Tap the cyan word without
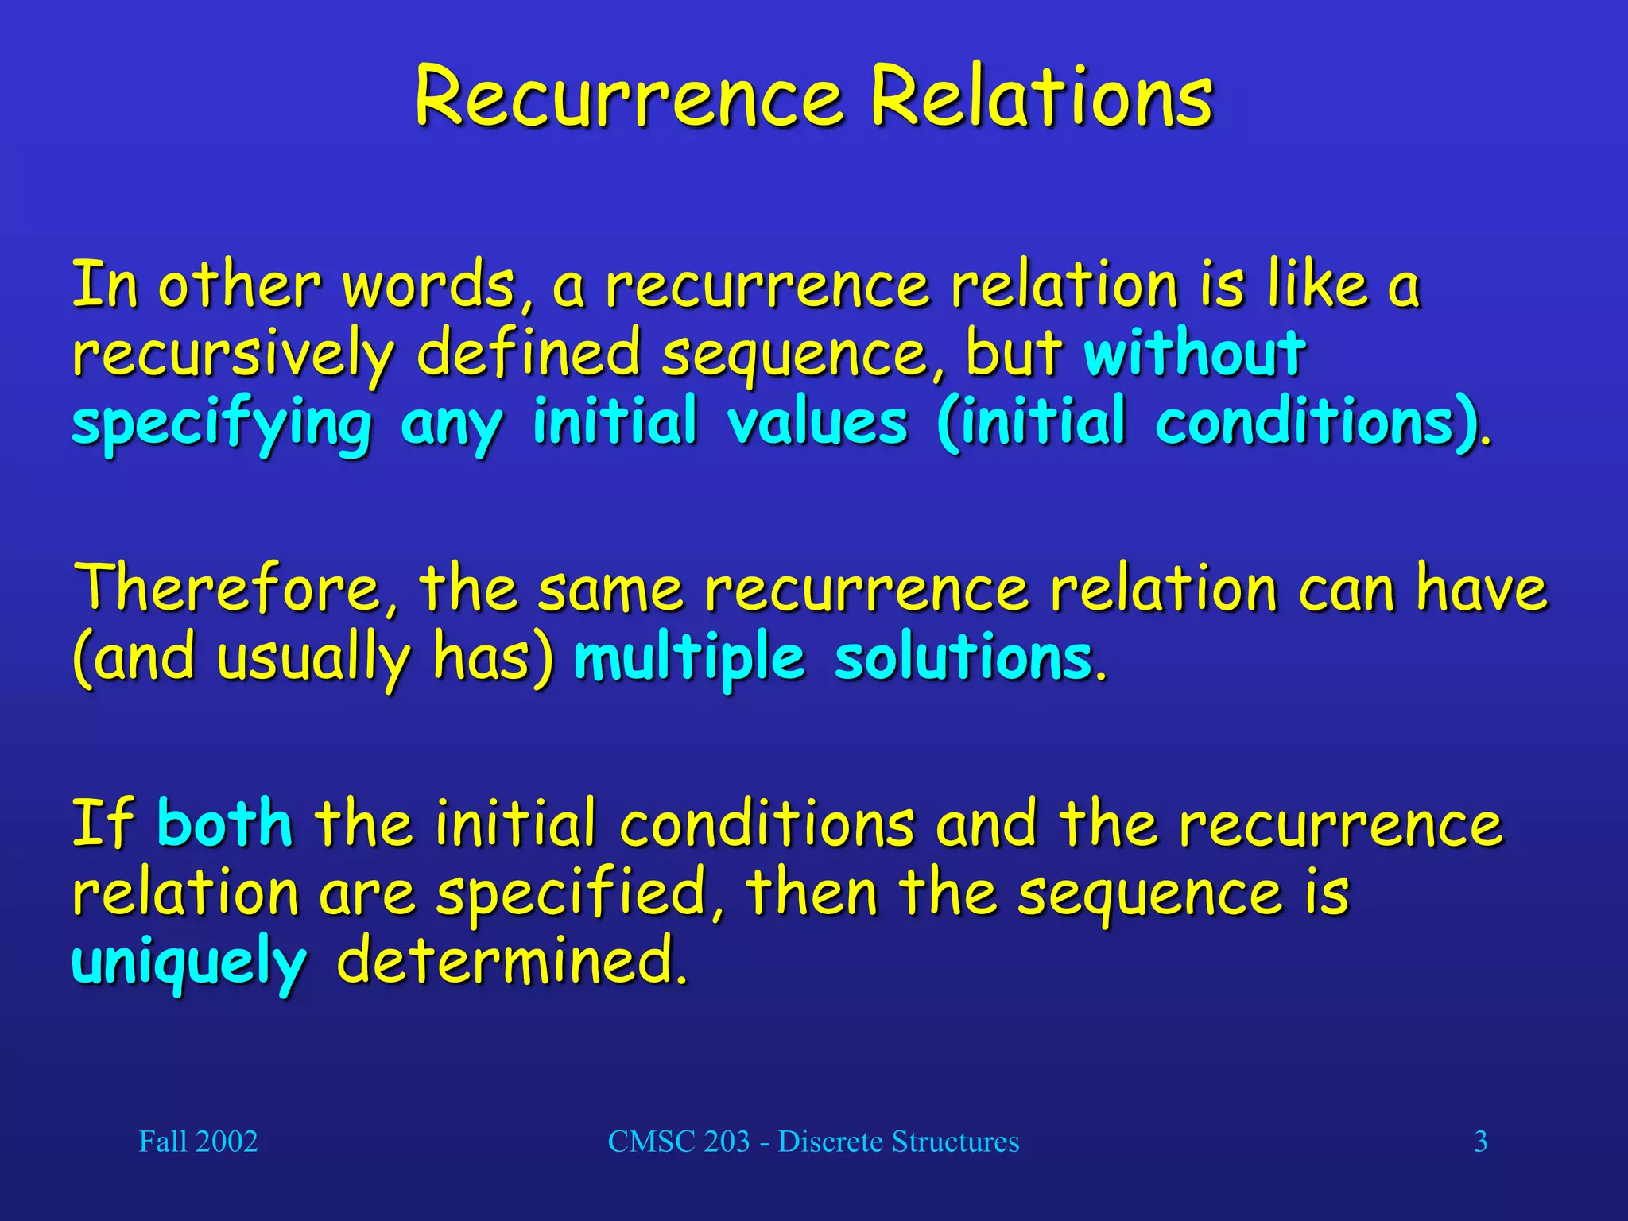point(1194,352)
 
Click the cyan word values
point(816,421)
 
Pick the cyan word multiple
point(688,659)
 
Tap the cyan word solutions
point(963,659)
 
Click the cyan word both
point(225,824)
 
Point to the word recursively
point(233,355)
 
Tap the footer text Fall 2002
point(198,1142)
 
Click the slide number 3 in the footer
point(1480,1142)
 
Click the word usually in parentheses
point(313,659)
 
